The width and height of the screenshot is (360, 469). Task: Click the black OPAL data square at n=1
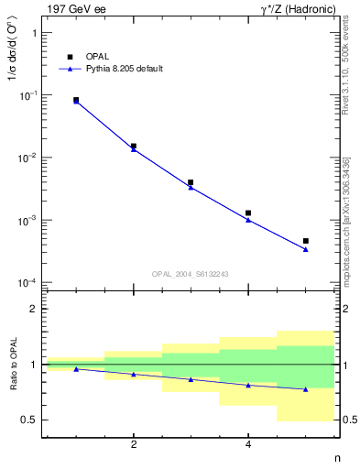pyautogui.click(x=76, y=100)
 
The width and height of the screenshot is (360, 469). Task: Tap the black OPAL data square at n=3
pyautogui.click(x=191, y=182)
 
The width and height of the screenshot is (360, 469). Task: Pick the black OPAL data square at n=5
pyautogui.click(x=306, y=241)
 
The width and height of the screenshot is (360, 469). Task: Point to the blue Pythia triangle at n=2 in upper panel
pyautogui.click(x=134, y=148)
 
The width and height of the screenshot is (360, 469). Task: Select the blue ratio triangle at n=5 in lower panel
pyautogui.click(x=306, y=389)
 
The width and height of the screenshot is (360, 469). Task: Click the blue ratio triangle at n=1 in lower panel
pyautogui.click(x=76, y=369)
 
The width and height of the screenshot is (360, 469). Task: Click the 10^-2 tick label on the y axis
pyautogui.click(x=27, y=158)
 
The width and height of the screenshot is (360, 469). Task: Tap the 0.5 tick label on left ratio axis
pyautogui.click(x=27, y=420)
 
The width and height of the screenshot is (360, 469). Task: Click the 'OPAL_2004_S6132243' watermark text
pyautogui.click(x=191, y=274)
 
